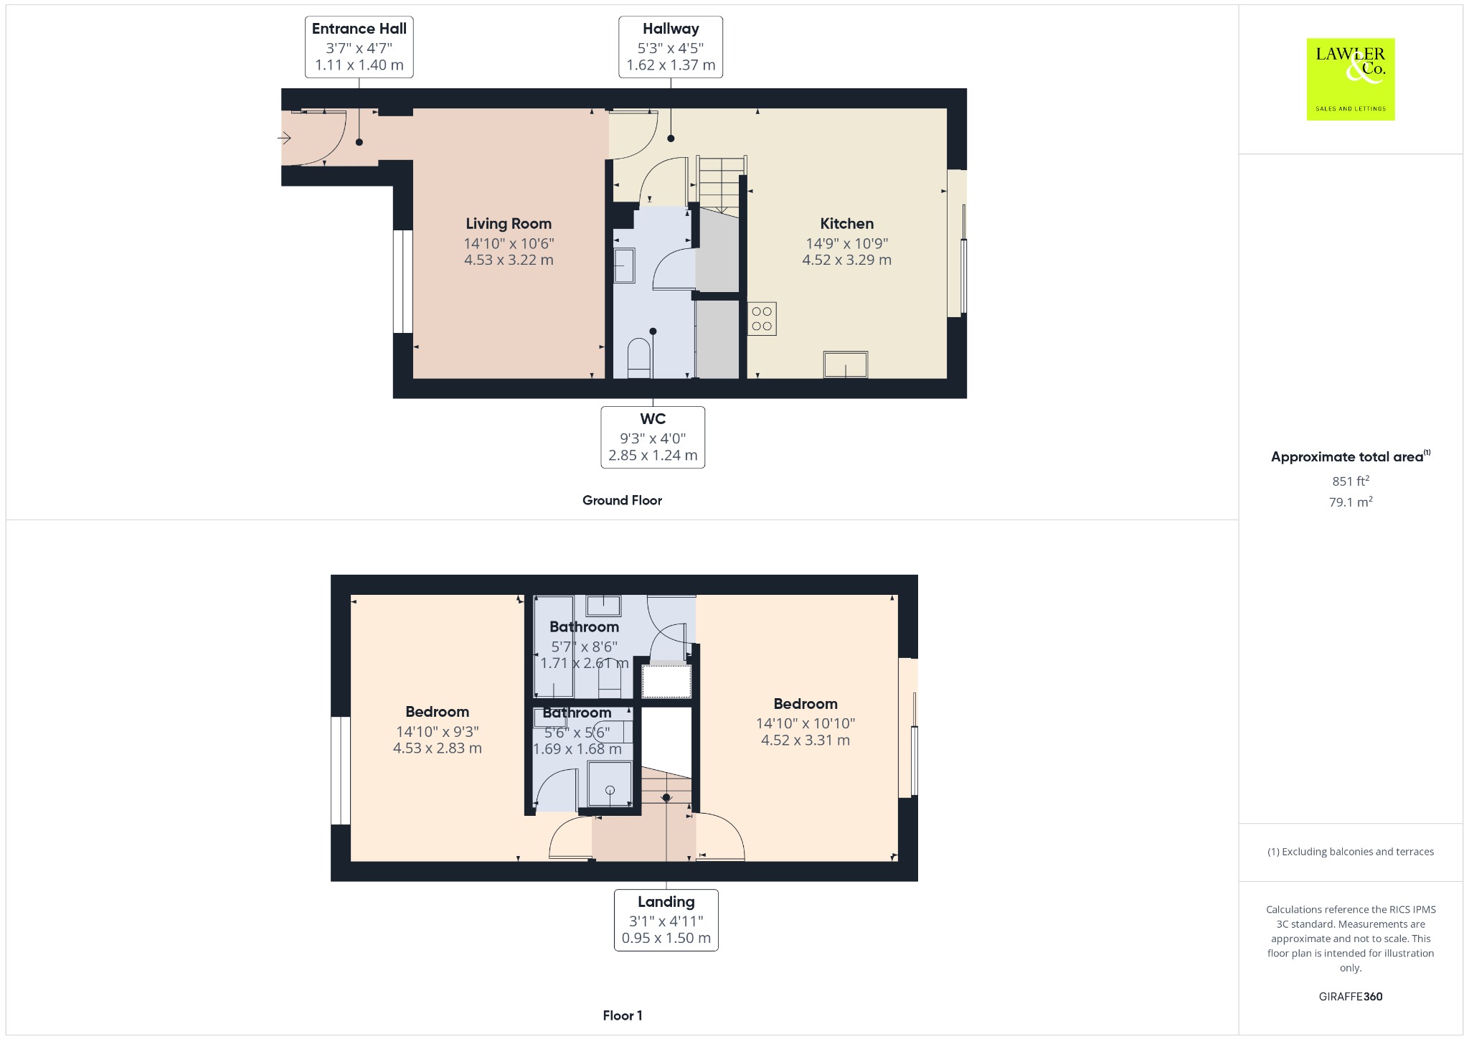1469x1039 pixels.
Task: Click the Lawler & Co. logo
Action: (1350, 79)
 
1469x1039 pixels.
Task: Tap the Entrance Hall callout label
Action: (359, 47)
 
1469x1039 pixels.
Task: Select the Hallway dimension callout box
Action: (671, 47)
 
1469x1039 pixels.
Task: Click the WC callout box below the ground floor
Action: (653, 438)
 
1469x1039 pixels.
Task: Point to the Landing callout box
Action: (666, 921)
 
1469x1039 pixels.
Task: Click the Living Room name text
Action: (509, 224)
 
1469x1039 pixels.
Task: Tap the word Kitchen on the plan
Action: (847, 224)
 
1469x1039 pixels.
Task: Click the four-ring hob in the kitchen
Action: (762, 319)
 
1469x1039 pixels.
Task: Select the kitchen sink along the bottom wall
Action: (846, 365)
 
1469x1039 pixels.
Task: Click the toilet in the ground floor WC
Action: (639, 358)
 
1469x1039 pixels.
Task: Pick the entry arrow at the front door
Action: (285, 138)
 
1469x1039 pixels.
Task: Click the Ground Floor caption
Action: (622, 501)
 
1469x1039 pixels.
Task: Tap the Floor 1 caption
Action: (623, 1016)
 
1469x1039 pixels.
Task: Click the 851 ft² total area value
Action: (1351, 481)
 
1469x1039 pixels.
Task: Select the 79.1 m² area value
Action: (1351, 502)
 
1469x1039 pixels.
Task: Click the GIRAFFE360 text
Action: (1351, 997)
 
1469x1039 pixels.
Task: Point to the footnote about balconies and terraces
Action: (1351, 852)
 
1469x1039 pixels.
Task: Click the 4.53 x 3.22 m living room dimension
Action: (509, 260)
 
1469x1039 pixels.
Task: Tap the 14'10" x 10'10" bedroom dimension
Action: (806, 724)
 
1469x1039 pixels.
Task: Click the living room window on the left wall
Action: (403, 281)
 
